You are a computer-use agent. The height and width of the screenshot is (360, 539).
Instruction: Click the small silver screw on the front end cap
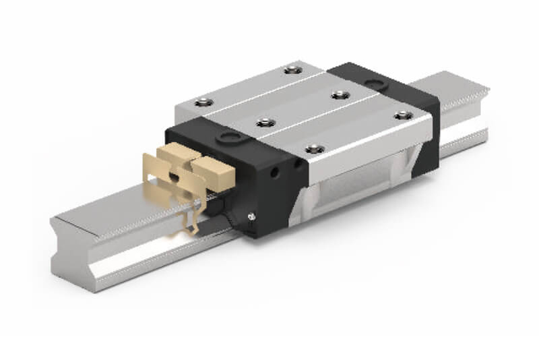pyautogui.click(x=251, y=216)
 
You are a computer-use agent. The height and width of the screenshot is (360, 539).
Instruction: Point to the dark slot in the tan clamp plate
pyautogui.click(x=175, y=177)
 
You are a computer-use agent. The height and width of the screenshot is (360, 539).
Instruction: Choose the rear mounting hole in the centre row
pyautogui.click(x=335, y=94)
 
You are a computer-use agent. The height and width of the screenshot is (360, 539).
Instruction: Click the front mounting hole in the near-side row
pyautogui.click(x=311, y=149)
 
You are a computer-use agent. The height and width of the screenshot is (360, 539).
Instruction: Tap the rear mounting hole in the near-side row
pyautogui.click(x=403, y=115)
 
